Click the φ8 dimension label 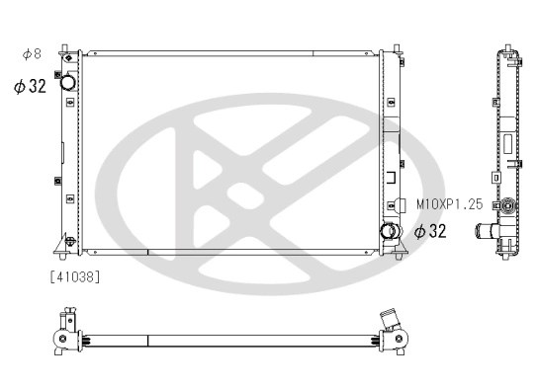[x=31, y=53]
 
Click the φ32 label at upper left [x=30, y=86]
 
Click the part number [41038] [x=74, y=275]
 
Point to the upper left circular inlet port [x=68, y=83]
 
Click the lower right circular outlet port [x=389, y=233]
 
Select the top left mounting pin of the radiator [x=64, y=48]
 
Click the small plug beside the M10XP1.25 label [x=402, y=205]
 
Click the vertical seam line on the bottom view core [x=147, y=341]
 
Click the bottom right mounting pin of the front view [x=397, y=256]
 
